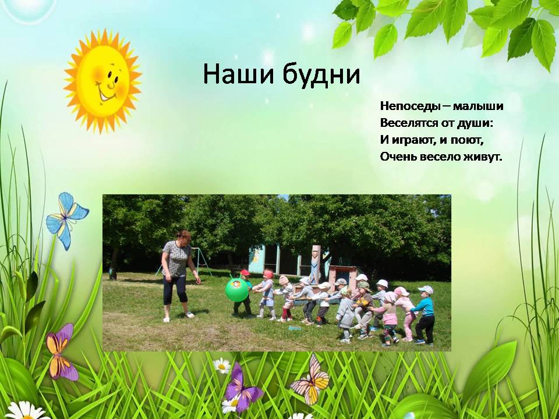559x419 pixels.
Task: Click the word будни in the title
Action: pos(321,74)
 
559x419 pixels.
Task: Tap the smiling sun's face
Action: pos(102,81)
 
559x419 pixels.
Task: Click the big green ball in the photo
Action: pos(237,290)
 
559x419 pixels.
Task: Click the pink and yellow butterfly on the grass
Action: pos(311,380)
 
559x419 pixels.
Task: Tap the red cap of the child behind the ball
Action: pos(245,273)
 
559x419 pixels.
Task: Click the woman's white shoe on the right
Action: pos(190,315)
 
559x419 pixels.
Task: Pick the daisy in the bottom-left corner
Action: pos(26,411)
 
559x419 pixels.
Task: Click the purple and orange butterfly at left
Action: pos(61,352)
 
